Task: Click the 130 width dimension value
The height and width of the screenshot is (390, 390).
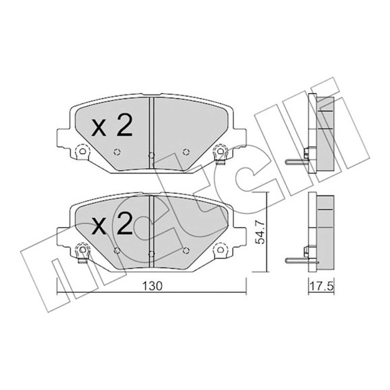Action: pos(152,286)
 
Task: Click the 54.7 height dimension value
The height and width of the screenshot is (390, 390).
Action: pos(260,232)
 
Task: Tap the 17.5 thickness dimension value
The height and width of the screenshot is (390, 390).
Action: pos(321,287)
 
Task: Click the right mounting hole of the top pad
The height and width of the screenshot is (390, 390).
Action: pos(220,151)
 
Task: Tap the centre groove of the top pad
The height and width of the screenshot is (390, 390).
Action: pos(151,133)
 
